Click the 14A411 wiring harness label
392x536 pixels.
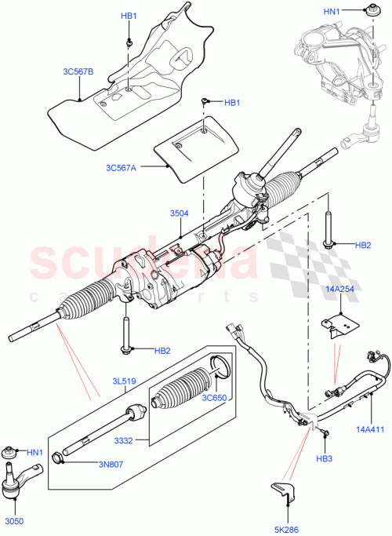tap(370, 430)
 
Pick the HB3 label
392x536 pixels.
tap(325, 458)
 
